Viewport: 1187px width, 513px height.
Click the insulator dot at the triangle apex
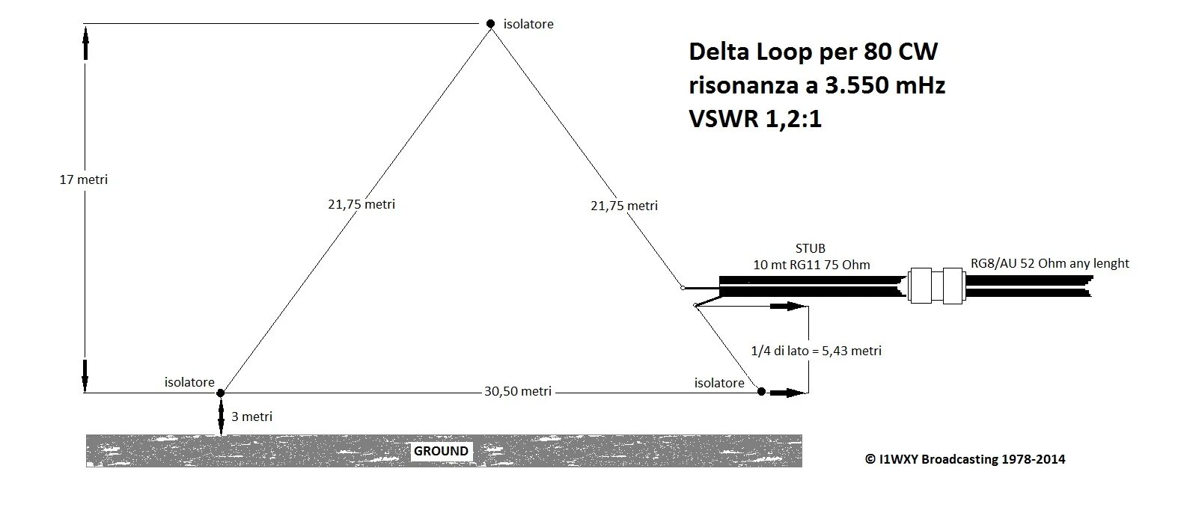point(491,24)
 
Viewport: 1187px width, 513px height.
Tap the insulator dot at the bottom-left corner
point(221,393)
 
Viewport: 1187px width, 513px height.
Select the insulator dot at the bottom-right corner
point(761,391)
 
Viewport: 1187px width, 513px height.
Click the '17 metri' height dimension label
point(84,179)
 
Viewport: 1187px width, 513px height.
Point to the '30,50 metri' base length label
point(518,391)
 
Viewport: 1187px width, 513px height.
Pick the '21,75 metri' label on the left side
point(361,204)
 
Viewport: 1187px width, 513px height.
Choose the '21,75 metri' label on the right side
point(624,206)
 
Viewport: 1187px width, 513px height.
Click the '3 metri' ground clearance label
point(251,417)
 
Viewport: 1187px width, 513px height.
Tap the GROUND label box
point(442,451)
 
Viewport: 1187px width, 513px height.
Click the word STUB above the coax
point(811,248)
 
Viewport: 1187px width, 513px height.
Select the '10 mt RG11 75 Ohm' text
point(811,265)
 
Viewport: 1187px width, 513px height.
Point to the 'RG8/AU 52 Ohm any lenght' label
point(1049,263)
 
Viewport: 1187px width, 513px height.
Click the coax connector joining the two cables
point(936,286)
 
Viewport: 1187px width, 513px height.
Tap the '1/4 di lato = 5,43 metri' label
point(816,350)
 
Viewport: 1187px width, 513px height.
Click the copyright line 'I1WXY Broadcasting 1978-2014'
point(965,459)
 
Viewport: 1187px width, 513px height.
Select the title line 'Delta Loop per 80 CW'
point(813,52)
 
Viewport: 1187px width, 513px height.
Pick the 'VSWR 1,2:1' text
point(755,119)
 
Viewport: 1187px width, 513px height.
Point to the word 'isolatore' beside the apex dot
point(528,24)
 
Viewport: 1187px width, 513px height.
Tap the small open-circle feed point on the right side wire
point(683,287)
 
